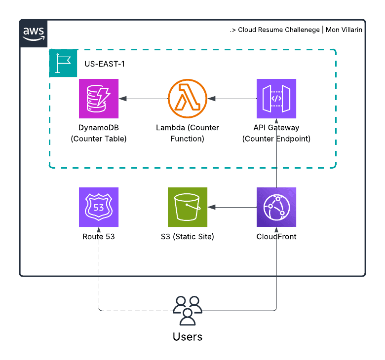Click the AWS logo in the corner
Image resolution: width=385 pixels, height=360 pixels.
[x=34, y=34]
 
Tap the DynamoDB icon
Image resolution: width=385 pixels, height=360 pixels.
[x=99, y=99]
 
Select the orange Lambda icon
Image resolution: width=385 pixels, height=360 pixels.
[x=188, y=99]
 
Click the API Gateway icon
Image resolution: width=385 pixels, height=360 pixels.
[x=276, y=99]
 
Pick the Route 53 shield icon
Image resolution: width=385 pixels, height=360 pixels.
[x=99, y=207]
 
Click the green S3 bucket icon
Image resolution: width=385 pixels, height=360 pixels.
[x=188, y=207]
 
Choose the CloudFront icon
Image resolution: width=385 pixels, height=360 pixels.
[x=276, y=207]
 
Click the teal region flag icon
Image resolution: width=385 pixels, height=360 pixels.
[x=63, y=63]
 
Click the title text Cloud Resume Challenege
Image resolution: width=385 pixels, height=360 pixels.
[x=278, y=30]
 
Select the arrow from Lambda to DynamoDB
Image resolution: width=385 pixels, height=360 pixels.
[x=143, y=99]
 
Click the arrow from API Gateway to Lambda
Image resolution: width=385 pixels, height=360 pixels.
[x=232, y=99]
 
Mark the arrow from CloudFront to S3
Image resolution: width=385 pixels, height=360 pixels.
[x=232, y=207]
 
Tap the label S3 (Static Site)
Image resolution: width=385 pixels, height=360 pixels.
[x=188, y=237]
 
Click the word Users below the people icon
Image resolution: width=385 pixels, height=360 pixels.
[x=188, y=337]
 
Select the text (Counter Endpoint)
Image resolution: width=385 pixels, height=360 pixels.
[x=276, y=139]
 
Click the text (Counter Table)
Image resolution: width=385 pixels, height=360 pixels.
[x=99, y=139]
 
